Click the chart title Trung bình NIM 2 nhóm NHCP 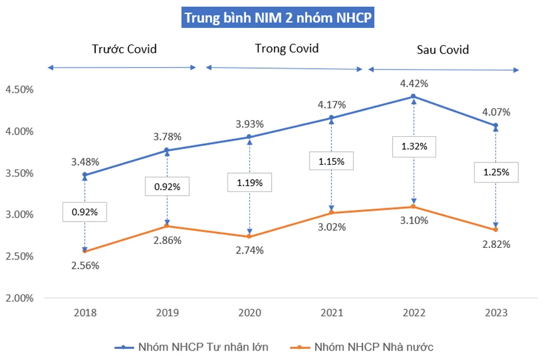277,17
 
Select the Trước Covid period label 124,49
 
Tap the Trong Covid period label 287,49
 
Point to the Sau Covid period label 443,50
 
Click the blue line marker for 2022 413,97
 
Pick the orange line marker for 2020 249,237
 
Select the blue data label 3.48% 85,162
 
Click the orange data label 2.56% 85,266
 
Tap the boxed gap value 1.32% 413,146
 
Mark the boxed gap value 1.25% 496,172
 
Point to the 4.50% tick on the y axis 20,89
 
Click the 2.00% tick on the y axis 20,298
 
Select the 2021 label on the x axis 332,313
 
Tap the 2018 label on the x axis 85,313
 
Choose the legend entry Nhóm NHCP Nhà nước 374,347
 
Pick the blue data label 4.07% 496,112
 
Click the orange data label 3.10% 413,220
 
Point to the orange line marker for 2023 495,230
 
